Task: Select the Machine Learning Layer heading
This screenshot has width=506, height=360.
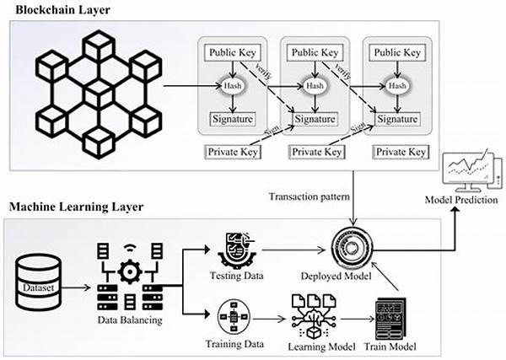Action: pos(78,207)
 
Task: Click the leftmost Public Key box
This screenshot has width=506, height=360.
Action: pos(231,52)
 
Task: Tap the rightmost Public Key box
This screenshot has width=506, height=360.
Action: pos(396,52)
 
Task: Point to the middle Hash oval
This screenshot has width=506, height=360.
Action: pos(314,86)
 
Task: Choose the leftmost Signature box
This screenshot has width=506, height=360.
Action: pos(231,120)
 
